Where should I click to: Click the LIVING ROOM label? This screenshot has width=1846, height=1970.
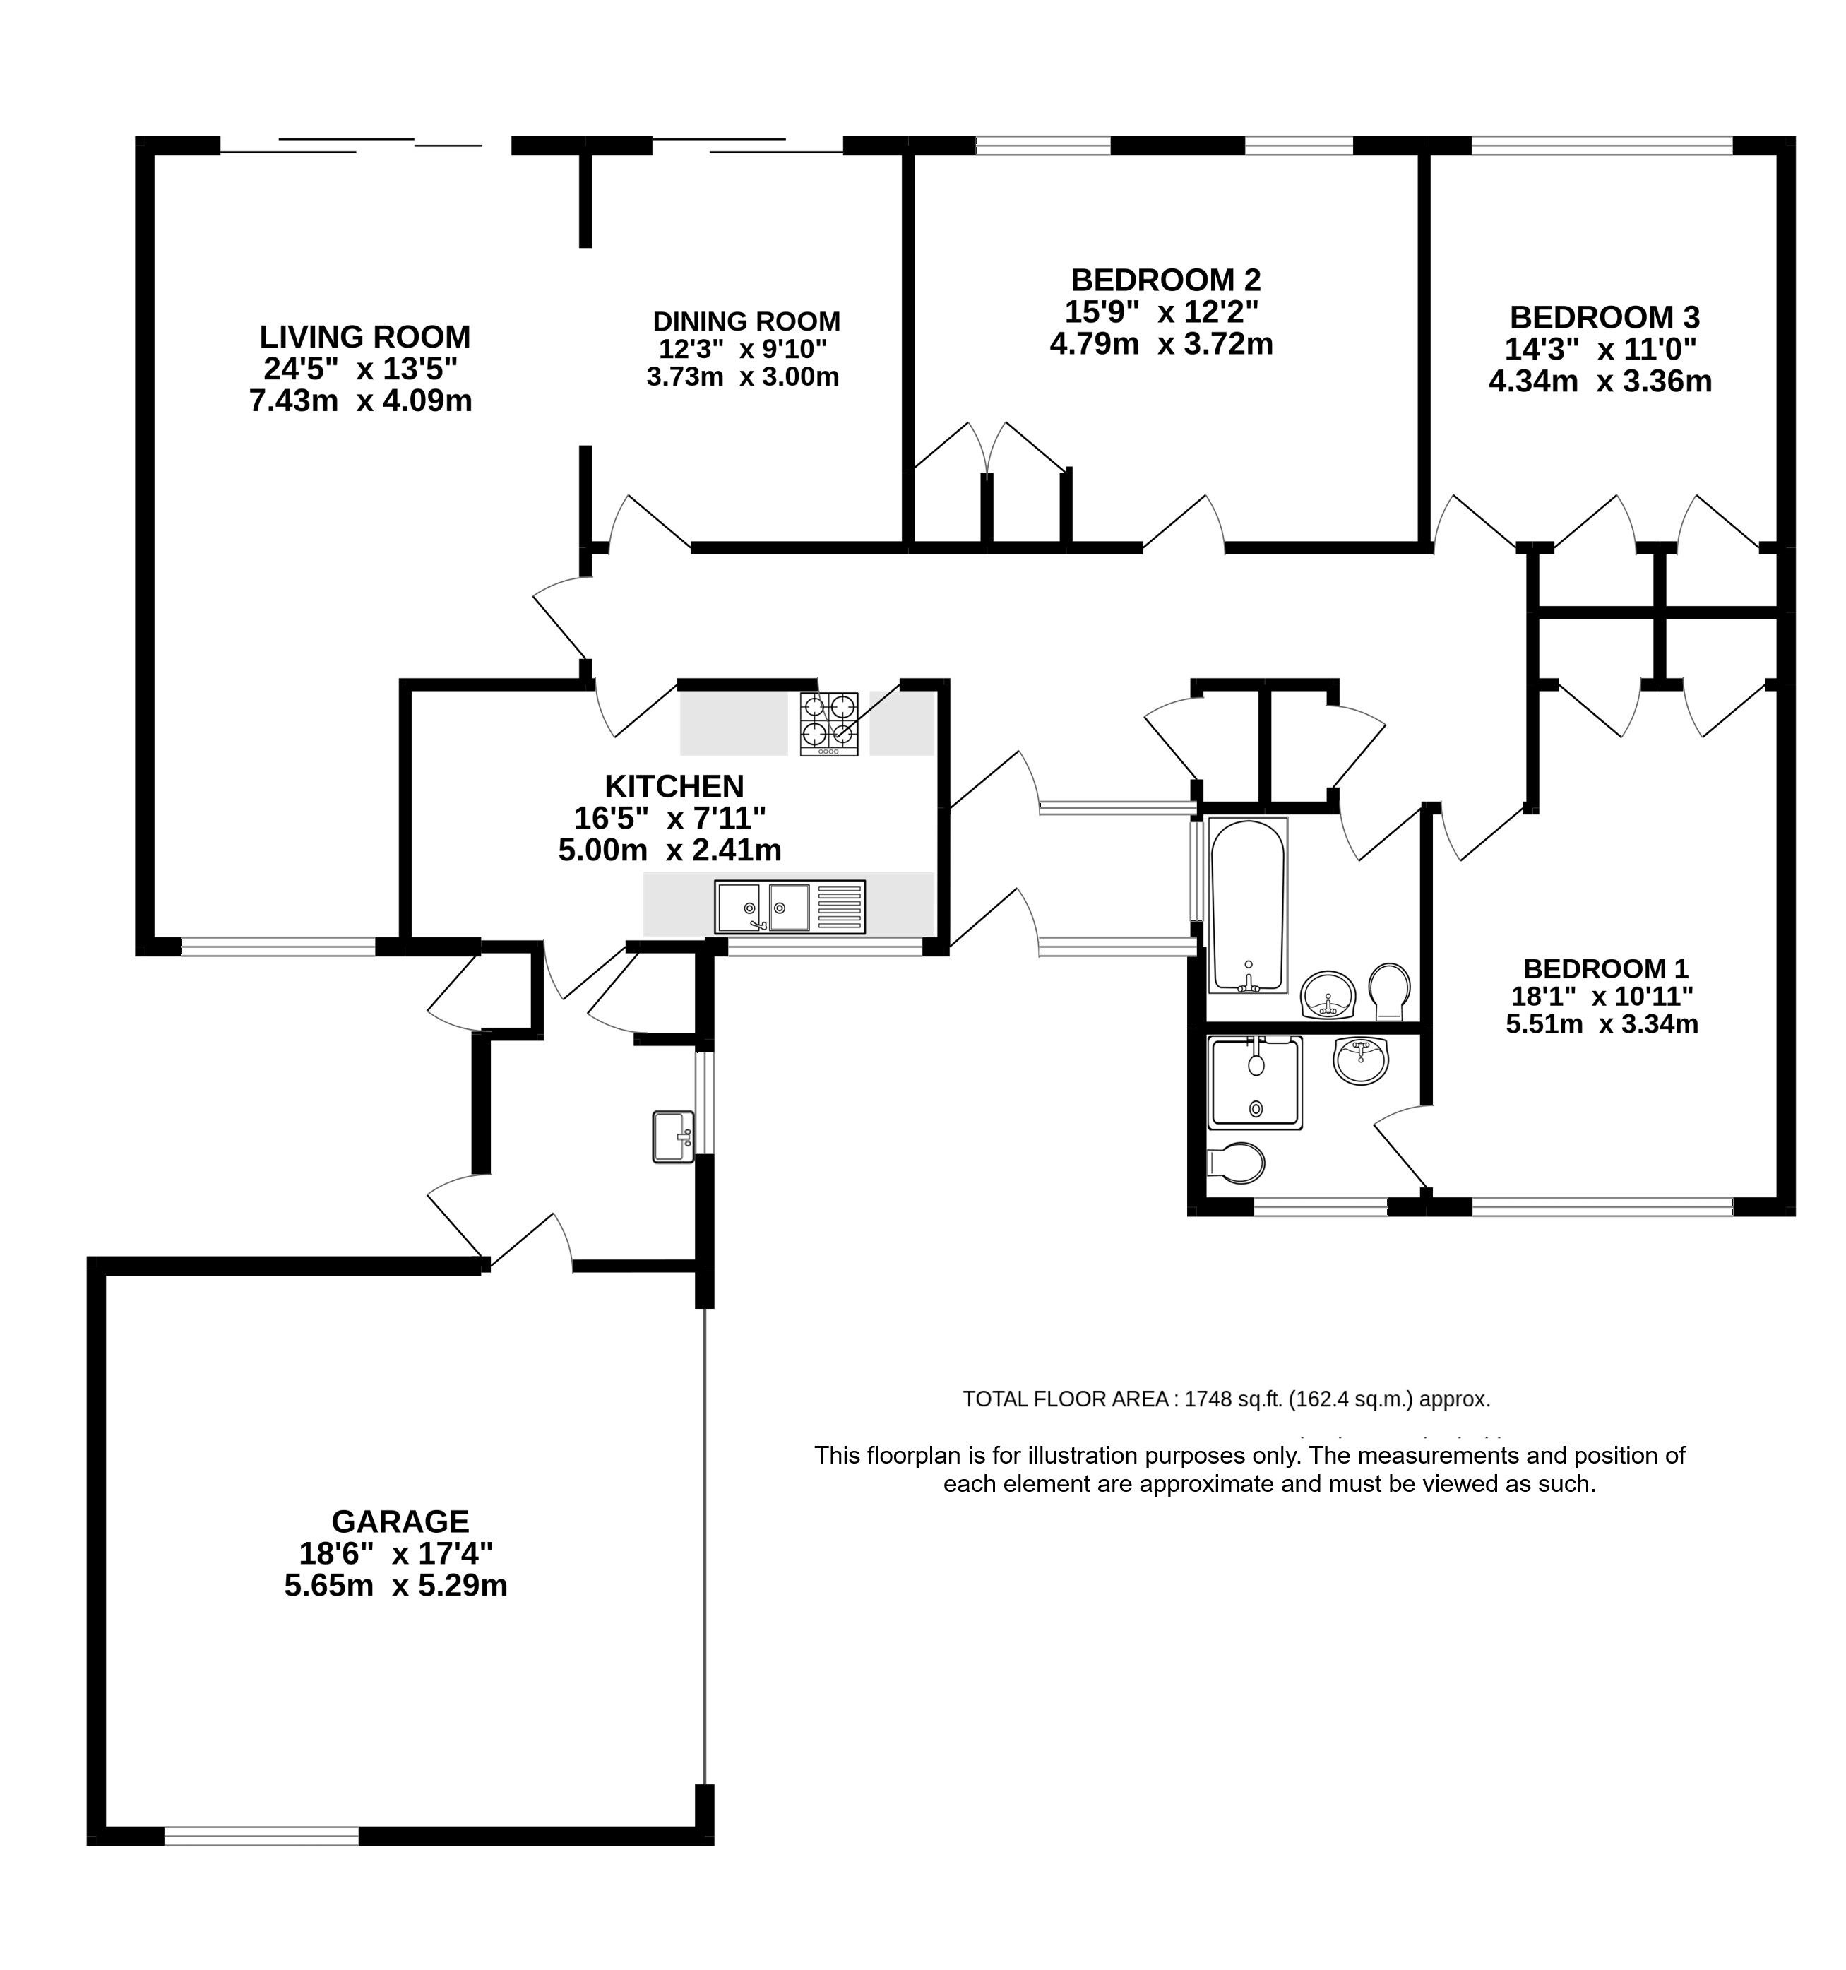pos(364,337)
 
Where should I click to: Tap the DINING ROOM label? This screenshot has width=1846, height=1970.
pos(746,322)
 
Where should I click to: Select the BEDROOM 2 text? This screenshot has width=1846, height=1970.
pos(1165,280)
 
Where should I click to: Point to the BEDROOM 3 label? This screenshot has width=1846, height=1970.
pos(1604,317)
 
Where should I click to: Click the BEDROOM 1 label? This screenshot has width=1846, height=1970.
pos(1605,968)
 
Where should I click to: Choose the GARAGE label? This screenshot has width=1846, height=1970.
pos(400,1521)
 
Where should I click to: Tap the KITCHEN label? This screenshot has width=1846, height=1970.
pos(674,786)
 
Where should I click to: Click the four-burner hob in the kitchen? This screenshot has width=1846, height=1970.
pos(829,723)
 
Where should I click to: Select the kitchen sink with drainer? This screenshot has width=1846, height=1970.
pos(790,907)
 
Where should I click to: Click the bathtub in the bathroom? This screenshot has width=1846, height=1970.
pos(1248,905)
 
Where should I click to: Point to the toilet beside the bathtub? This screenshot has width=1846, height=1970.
pos(1389,991)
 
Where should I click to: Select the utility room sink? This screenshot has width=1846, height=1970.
pos(674,1136)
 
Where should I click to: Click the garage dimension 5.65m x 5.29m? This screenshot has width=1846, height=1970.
pos(396,1586)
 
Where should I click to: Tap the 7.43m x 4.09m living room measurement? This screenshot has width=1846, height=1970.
pos(361,400)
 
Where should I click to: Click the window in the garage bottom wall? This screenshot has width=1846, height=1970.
pos(261,1837)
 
